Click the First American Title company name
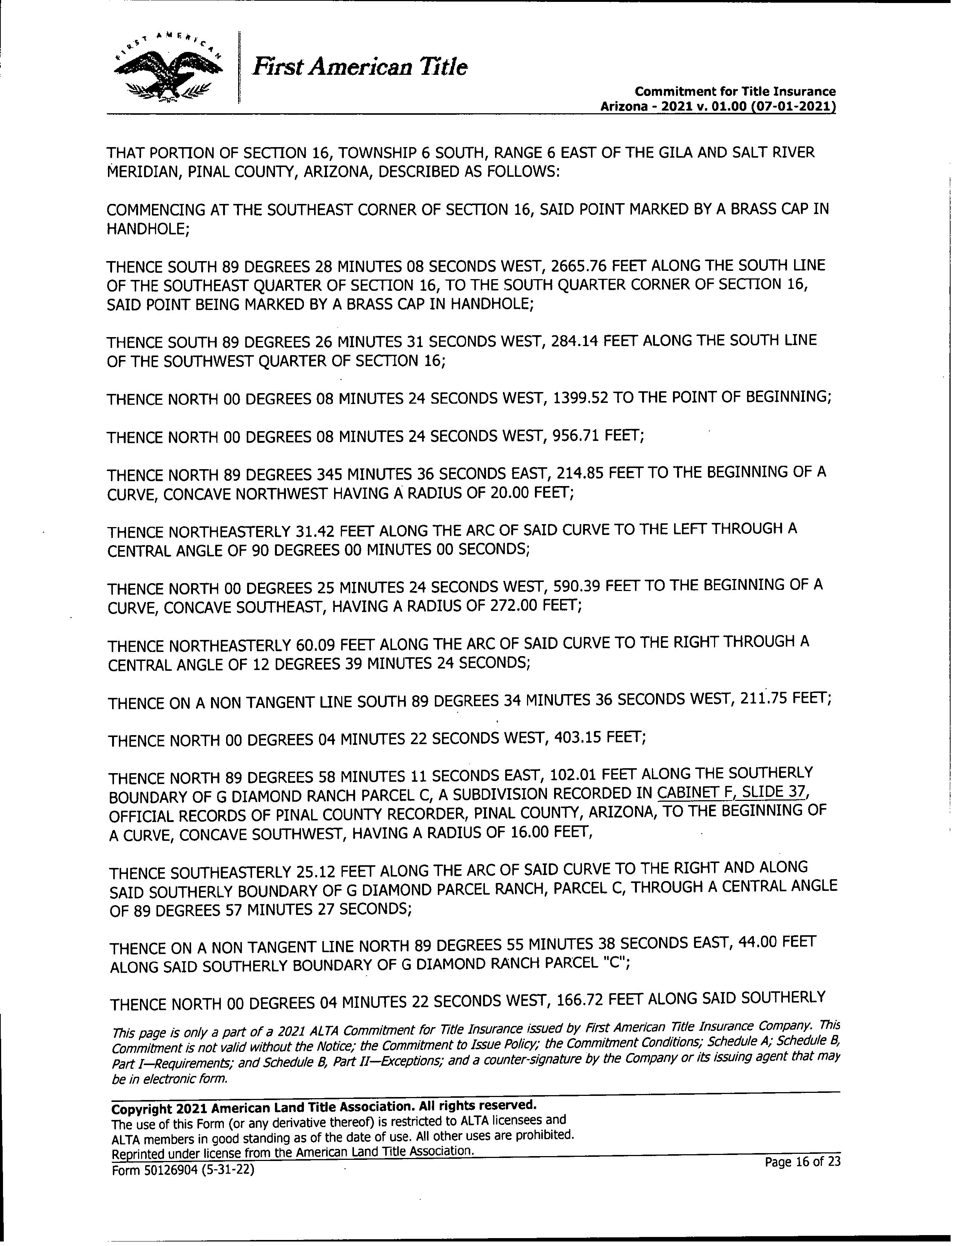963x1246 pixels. [360, 67]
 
